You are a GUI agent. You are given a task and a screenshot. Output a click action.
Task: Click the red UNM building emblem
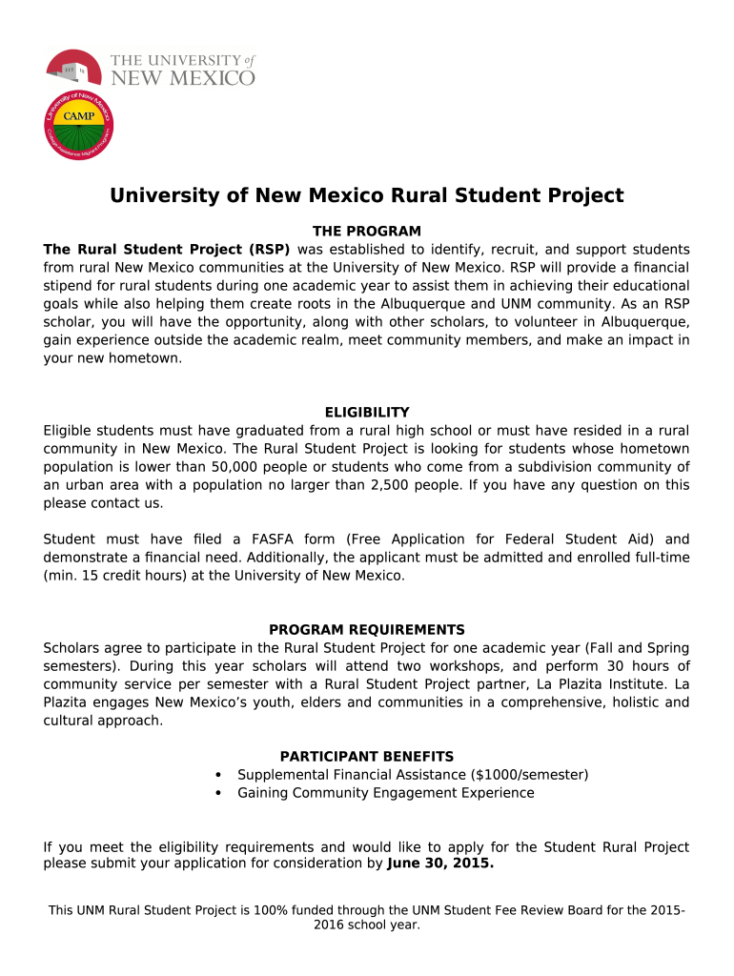point(73,68)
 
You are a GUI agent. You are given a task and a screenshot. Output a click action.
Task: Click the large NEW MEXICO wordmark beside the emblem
point(183,77)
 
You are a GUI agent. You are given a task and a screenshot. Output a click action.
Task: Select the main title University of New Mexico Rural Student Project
point(366,195)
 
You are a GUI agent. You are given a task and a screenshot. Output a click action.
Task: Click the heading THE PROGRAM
point(367,232)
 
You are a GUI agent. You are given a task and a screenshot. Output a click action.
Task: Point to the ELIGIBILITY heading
point(367,413)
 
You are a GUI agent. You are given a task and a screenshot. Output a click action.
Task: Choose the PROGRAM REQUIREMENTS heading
point(367,630)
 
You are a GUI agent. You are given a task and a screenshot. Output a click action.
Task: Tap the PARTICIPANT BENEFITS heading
point(367,757)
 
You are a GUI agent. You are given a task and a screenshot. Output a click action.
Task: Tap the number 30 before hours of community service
point(592,666)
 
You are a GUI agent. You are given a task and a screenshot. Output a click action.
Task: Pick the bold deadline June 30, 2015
point(440,864)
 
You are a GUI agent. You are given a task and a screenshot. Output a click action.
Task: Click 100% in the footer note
point(271,910)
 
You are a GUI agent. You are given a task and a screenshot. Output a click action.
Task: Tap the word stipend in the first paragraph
point(70,286)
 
